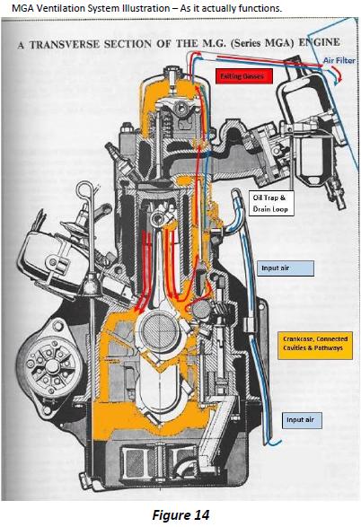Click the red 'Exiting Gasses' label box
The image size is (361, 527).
tap(243, 76)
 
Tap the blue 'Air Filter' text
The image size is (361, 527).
tap(339, 60)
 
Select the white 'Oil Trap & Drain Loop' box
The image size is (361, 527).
tap(270, 203)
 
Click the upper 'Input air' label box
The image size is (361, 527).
tap(286, 268)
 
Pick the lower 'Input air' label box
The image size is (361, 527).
tap(302, 420)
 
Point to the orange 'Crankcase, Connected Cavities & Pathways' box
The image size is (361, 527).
tap(315, 344)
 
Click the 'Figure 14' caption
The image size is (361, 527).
tap(180, 515)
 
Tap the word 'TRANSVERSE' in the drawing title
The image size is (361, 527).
tap(64, 44)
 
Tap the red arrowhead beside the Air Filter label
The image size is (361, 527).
tap(340, 79)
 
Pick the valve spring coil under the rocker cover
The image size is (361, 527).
tap(166, 123)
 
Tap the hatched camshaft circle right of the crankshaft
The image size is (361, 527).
tap(200, 310)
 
